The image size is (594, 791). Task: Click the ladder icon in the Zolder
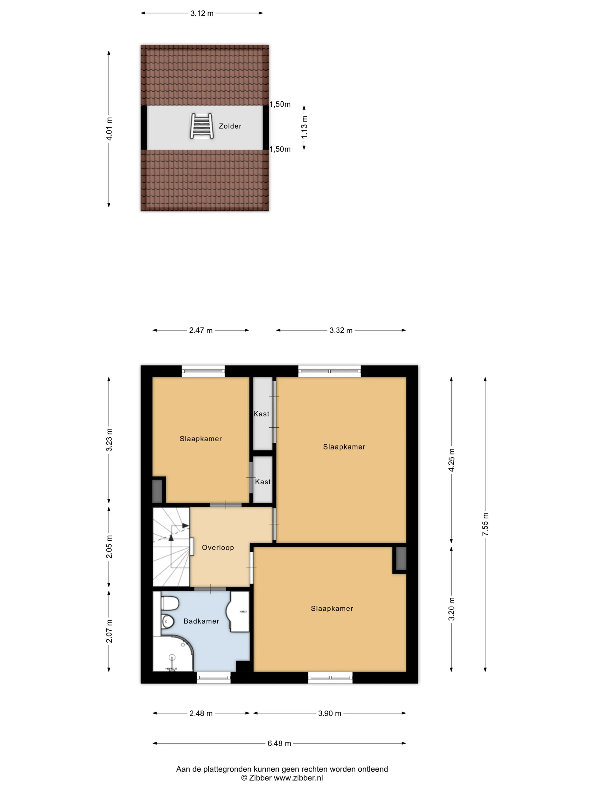(x=202, y=126)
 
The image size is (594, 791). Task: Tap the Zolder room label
(x=230, y=126)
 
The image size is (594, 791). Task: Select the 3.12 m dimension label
(x=202, y=13)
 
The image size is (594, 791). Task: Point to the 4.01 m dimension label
(x=109, y=129)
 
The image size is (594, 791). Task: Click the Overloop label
(x=218, y=547)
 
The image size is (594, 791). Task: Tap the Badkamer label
(x=201, y=621)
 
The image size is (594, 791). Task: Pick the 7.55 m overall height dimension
(x=485, y=524)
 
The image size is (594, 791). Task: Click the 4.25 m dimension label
(x=451, y=460)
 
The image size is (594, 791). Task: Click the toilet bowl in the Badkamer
(x=167, y=621)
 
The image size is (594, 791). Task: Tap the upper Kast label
(x=261, y=414)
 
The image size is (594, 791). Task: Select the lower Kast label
(x=263, y=482)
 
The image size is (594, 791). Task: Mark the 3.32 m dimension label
(x=341, y=330)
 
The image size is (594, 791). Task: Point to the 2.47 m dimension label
(x=201, y=330)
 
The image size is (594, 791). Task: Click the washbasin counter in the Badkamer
(x=239, y=612)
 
